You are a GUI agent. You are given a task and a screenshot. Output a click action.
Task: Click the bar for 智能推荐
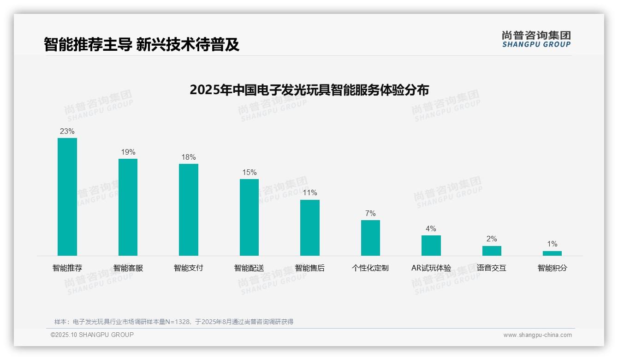click(x=67, y=197)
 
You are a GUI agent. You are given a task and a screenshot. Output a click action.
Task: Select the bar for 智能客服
click(x=128, y=207)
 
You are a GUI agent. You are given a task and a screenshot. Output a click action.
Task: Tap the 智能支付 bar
click(x=189, y=210)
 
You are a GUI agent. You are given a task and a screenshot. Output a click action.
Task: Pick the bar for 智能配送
click(x=249, y=217)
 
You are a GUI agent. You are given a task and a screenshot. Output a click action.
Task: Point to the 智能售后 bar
click(x=310, y=228)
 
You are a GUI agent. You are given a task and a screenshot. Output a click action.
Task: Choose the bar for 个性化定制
click(x=370, y=238)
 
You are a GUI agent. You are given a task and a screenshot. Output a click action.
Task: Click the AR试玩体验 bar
click(x=431, y=246)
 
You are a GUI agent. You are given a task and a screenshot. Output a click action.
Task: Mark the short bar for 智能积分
click(x=552, y=253)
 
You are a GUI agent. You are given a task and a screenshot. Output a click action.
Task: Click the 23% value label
click(x=67, y=132)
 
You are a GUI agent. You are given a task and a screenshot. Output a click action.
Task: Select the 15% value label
click(x=249, y=173)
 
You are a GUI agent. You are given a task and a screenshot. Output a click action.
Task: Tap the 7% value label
click(x=370, y=214)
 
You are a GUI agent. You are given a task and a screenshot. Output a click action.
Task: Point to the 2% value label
click(x=492, y=239)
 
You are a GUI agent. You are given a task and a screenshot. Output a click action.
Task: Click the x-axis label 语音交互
click(x=492, y=268)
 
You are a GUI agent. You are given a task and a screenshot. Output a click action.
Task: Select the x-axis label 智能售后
click(x=310, y=268)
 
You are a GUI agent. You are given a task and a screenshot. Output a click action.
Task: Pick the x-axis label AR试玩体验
click(x=431, y=268)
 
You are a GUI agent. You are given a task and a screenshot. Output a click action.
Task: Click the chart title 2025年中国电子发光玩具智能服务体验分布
click(x=309, y=90)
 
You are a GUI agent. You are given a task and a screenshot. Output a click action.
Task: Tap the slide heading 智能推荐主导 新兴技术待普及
click(x=142, y=44)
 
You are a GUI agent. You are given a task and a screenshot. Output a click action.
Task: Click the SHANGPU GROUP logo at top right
click(x=536, y=39)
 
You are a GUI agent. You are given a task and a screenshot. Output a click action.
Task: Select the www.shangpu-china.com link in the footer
click(x=537, y=335)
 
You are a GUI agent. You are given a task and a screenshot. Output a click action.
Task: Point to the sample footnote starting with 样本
click(x=174, y=322)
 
